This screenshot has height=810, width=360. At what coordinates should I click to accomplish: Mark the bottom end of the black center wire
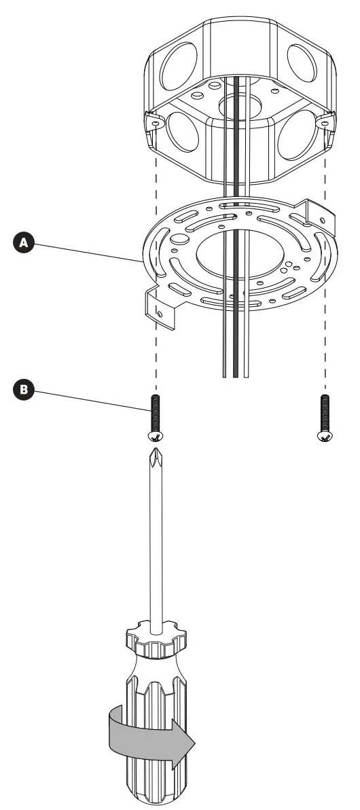(x=235, y=374)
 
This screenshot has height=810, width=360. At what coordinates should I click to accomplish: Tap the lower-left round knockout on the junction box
(x=181, y=133)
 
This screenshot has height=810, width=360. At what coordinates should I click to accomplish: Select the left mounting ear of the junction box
(x=156, y=123)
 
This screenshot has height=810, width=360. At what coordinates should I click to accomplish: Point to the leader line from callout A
(x=88, y=251)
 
